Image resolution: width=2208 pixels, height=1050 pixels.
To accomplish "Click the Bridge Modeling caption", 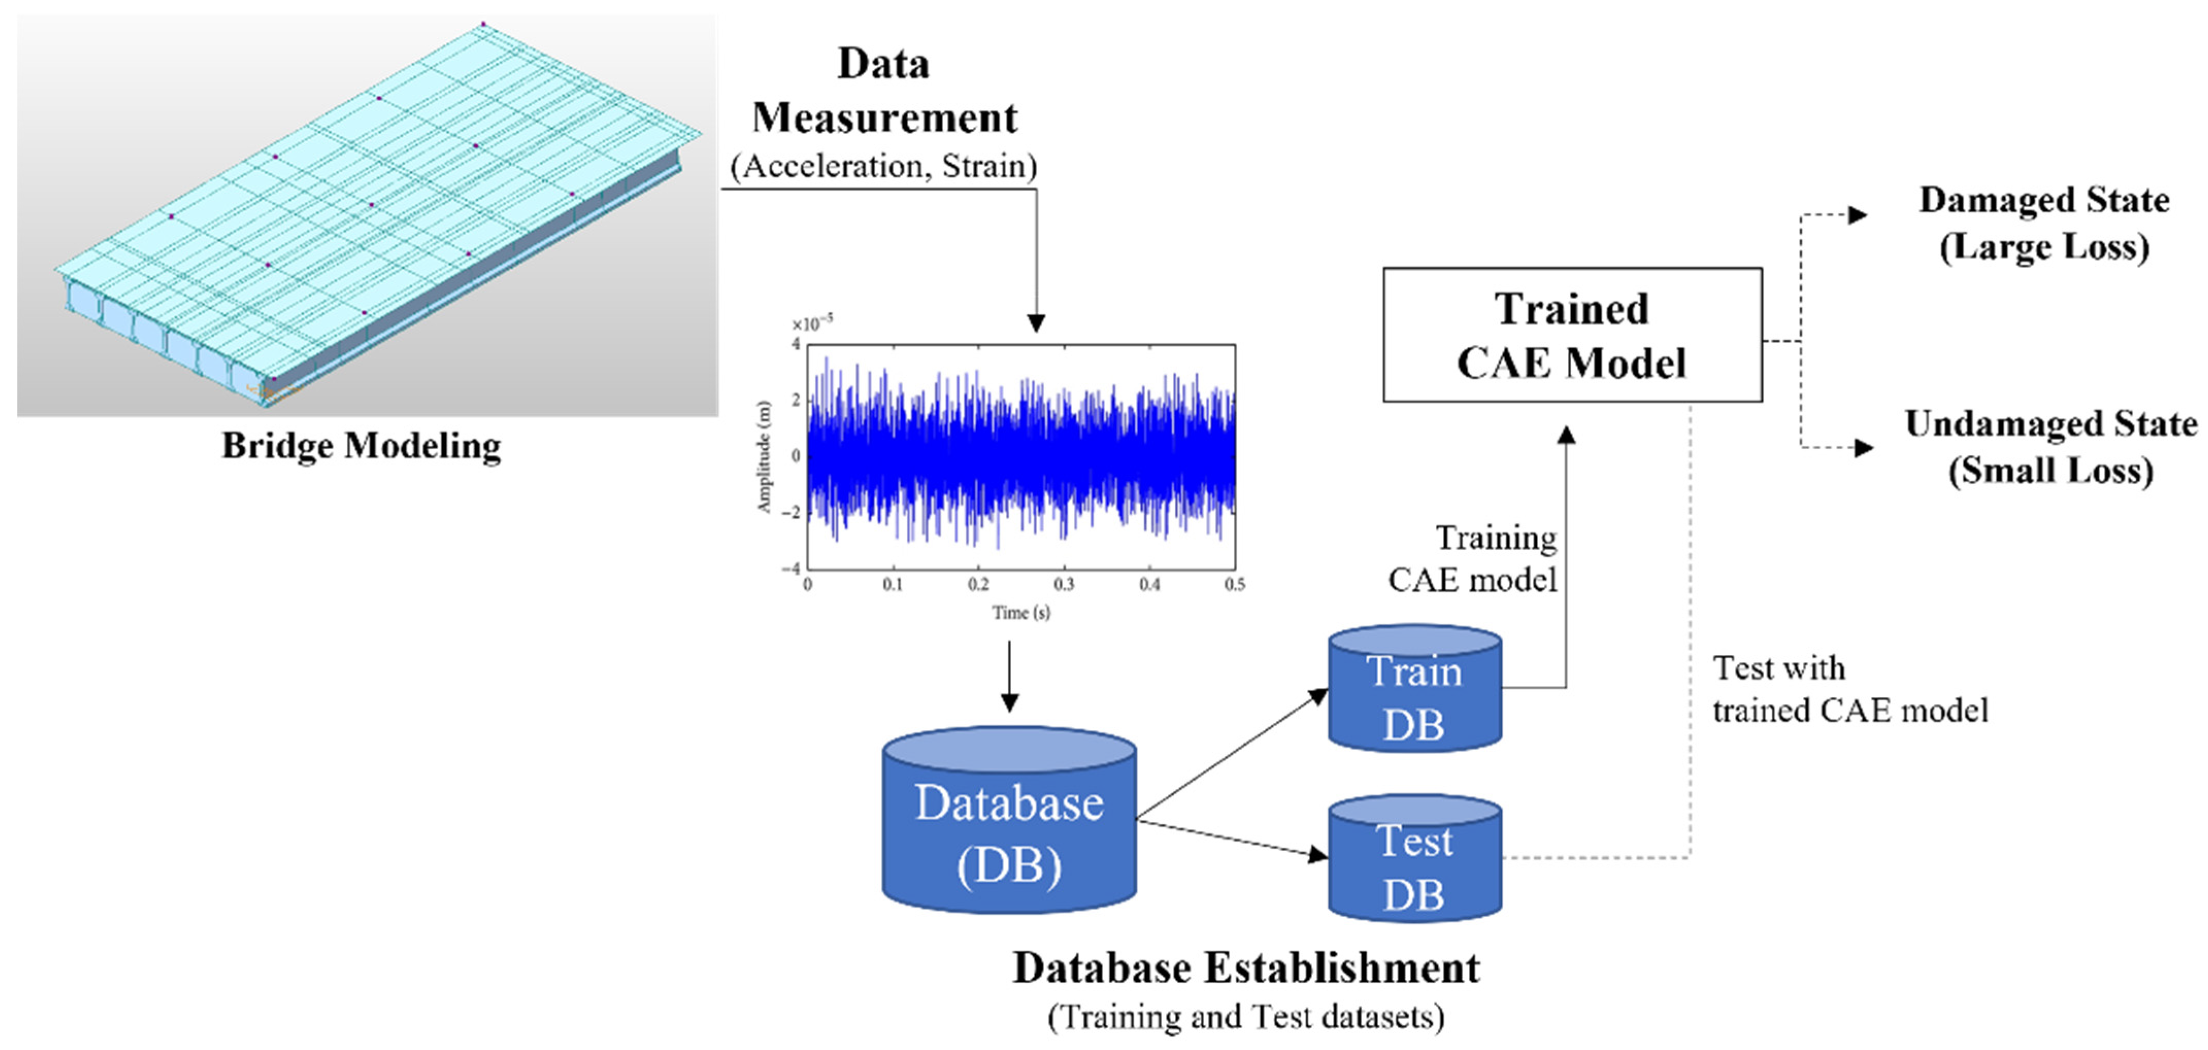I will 361,446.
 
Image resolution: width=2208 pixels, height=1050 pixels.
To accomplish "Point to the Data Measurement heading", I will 884,91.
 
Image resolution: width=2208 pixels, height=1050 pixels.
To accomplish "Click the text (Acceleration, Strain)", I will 884,165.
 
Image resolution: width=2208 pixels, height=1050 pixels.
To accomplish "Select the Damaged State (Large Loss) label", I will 2044,223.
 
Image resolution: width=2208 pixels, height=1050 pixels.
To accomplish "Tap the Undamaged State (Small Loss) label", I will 2050,447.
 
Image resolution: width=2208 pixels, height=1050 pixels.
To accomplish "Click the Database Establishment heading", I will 1245,969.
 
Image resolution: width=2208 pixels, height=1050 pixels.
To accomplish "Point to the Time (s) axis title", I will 1021,612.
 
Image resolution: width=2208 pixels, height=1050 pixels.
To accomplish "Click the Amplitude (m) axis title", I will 764,457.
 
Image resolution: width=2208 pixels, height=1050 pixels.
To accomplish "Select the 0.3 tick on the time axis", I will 1064,585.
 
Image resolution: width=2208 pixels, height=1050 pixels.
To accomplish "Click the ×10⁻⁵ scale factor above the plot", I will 811,323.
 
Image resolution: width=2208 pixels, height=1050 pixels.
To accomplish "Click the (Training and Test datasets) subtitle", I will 1245,1017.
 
